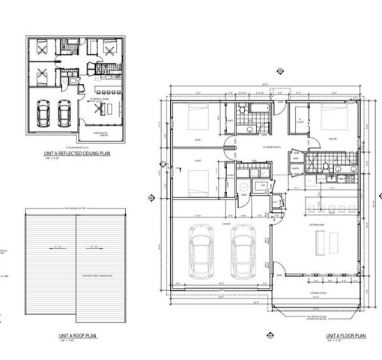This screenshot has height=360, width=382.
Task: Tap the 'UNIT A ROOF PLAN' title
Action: [x=74, y=336]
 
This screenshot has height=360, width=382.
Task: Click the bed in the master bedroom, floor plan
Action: [x=330, y=119]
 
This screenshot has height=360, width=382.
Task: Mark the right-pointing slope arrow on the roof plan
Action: [x=95, y=245]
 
